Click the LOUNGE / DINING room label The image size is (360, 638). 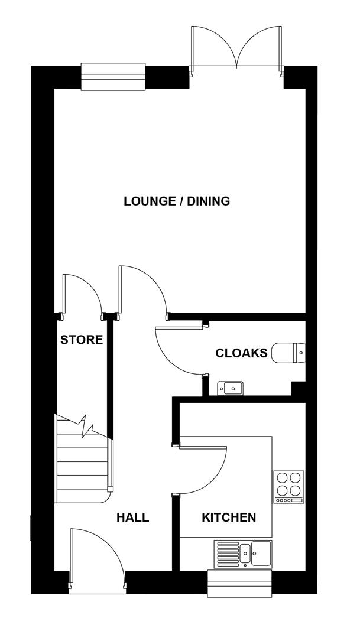[x=176, y=201]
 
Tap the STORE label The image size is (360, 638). [x=82, y=340]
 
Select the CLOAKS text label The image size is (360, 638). [x=241, y=354]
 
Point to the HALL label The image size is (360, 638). [x=132, y=518]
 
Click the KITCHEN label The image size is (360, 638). [x=229, y=518]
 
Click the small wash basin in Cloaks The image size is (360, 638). [x=231, y=388]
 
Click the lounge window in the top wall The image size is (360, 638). [x=113, y=76]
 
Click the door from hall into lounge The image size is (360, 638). [x=142, y=289]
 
